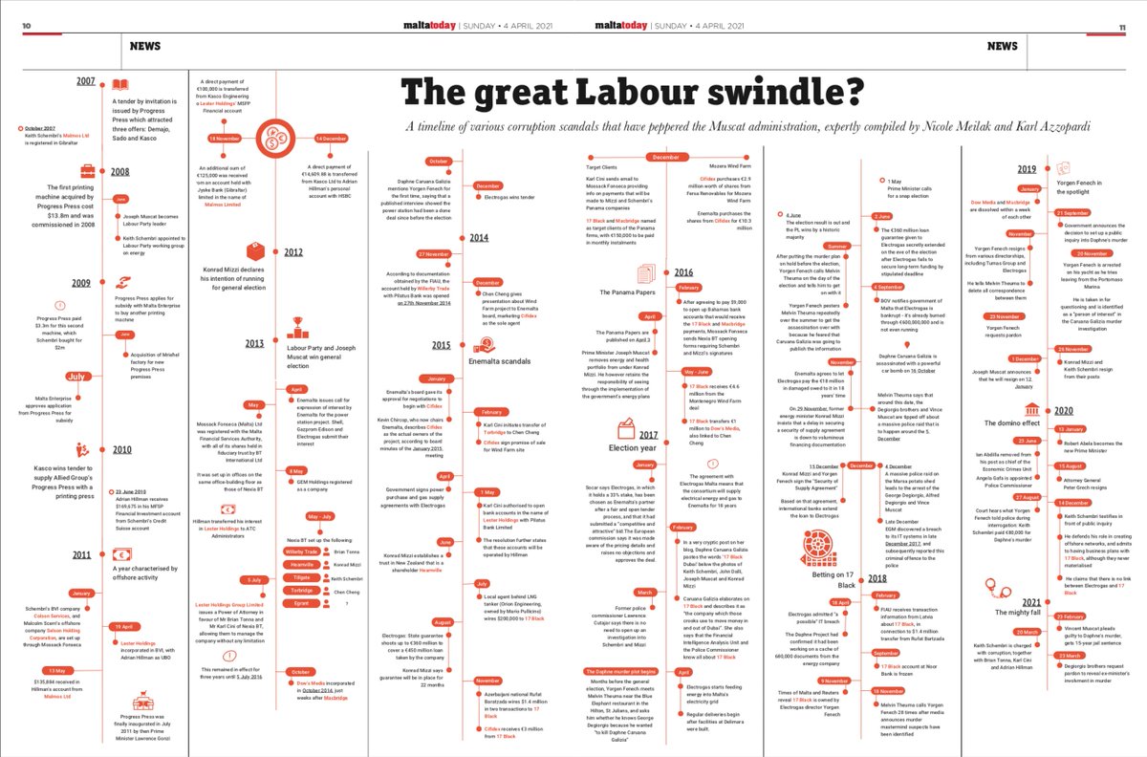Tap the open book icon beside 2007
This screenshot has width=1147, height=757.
point(119,84)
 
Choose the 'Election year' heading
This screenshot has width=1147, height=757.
point(632,446)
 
